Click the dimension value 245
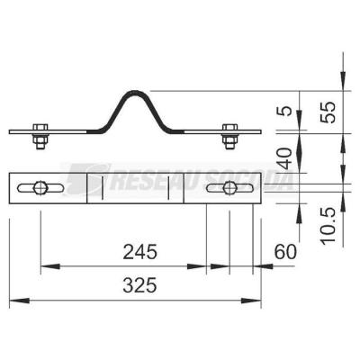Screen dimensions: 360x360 pos(140,252)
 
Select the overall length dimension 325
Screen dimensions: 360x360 pos(140,285)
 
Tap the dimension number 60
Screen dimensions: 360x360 pos(285,252)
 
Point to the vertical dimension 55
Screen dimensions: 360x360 pos(328,112)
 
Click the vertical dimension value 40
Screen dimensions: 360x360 pos(284,158)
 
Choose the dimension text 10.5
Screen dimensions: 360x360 pos(328,226)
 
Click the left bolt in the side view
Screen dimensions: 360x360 pos(40,136)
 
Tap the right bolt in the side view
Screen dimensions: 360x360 pos(229,136)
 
